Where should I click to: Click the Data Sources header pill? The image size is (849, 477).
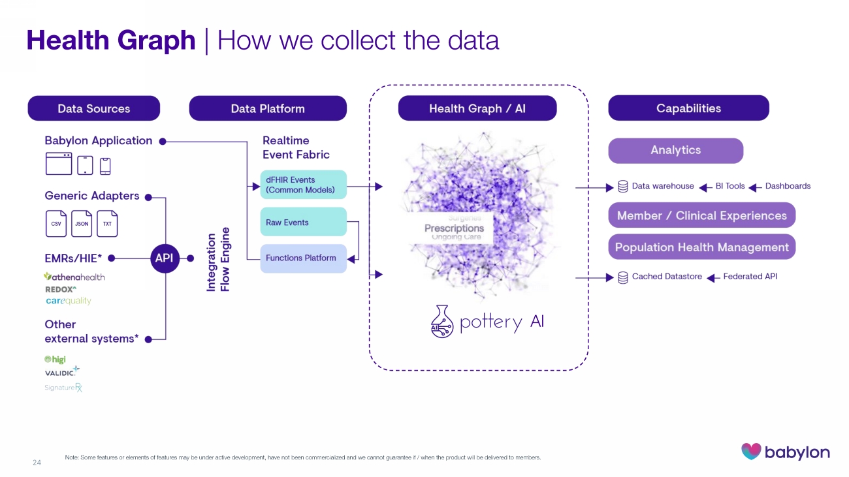pos(93,108)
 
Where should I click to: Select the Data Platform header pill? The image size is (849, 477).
pos(268,108)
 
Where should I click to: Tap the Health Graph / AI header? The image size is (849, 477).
pos(477,108)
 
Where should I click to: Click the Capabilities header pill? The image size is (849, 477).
pos(688,108)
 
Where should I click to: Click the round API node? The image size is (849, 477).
pos(164,258)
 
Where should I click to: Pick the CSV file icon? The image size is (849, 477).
pos(56,223)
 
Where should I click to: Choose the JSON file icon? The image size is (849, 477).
pos(82,223)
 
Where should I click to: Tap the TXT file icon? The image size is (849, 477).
pos(107,223)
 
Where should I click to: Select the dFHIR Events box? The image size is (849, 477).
pos(303,185)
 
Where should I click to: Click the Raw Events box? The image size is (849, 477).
pos(303,222)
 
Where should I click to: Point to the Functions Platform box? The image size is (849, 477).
pos(303,258)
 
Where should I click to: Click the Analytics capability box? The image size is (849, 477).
pos(675,151)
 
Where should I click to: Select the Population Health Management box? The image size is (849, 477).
pos(701,247)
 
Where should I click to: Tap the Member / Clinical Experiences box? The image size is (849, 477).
pos(701,216)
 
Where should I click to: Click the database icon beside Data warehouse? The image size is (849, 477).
pos(623,187)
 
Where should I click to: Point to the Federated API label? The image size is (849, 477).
pos(750,277)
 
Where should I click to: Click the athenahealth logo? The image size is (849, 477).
pos(74,277)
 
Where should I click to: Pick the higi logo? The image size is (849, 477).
pos(55,360)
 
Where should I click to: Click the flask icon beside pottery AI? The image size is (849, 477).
pos(442,322)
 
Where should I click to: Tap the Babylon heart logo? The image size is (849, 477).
pos(752,452)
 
